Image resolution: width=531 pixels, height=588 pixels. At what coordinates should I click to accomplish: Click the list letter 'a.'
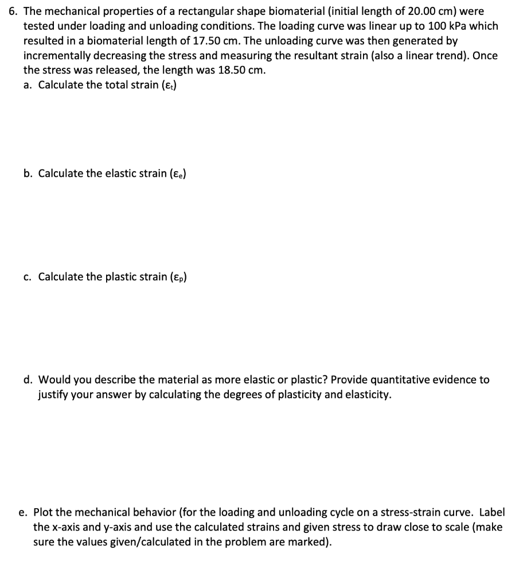pos(28,86)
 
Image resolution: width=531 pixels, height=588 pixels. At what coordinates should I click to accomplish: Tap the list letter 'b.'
pos(28,173)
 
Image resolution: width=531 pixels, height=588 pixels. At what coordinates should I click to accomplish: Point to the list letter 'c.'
pos(28,277)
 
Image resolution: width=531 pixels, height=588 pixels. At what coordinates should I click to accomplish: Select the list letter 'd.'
pos(28,380)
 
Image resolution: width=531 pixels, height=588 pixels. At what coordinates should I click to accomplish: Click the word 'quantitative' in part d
pos(396,380)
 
